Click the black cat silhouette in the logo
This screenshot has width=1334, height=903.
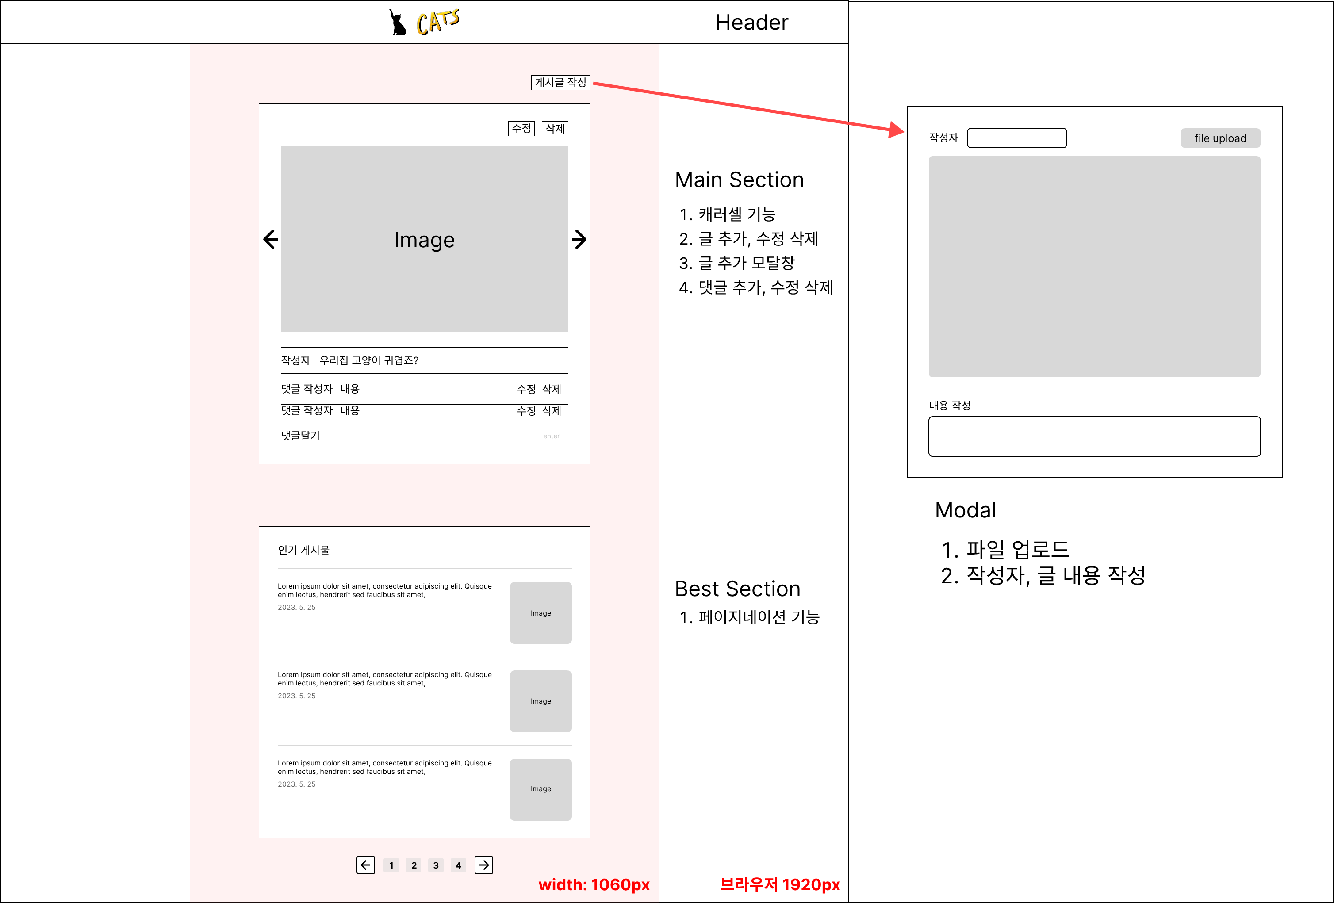(x=397, y=23)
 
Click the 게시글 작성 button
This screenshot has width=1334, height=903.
(x=560, y=83)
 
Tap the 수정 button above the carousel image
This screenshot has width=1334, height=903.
(x=521, y=129)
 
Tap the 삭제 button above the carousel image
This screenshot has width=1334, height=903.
(x=555, y=129)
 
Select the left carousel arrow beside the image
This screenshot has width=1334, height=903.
(x=270, y=239)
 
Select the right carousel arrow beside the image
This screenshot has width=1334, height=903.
(x=579, y=239)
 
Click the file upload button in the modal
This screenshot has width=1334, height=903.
(x=1220, y=138)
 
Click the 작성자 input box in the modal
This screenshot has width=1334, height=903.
(x=1016, y=138)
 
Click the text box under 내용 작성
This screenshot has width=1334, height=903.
(x=1094, y=436)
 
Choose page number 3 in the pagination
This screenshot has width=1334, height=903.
(x=436, y=865)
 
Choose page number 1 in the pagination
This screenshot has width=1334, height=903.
(x=391, y=865)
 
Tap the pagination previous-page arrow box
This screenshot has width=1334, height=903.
(x=366, y=865)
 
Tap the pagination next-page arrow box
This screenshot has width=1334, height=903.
(x=484, y=865)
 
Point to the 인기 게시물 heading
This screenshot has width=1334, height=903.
(x=304, y=550)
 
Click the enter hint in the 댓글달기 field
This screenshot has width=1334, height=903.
(x=551, y=436)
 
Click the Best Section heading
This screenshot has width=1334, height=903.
(x=738, y=589)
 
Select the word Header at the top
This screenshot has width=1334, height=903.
(x=752, y=23)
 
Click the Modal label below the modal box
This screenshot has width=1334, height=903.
(x=966, y=510)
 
